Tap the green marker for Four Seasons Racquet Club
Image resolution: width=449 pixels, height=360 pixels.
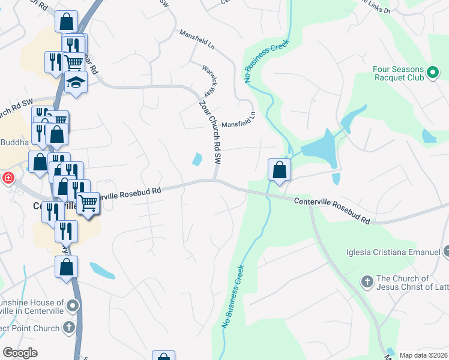[x=433, y=74]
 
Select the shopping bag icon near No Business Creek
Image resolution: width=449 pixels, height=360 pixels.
[x=279, y=169]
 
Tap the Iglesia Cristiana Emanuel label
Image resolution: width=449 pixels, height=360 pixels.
[x=393, y=251]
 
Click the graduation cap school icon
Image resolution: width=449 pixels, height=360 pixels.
[x=76, y=83]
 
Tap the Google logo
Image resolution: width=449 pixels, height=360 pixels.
[x=20, y=353]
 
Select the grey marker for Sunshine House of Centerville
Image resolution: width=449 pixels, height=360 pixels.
[x=73, y=307]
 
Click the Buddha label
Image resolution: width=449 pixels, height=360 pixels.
[x=10, y=142]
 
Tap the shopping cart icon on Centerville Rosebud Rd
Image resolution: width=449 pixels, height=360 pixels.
[x=88, y=203]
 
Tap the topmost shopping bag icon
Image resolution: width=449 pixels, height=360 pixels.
[x=66, y=22]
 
